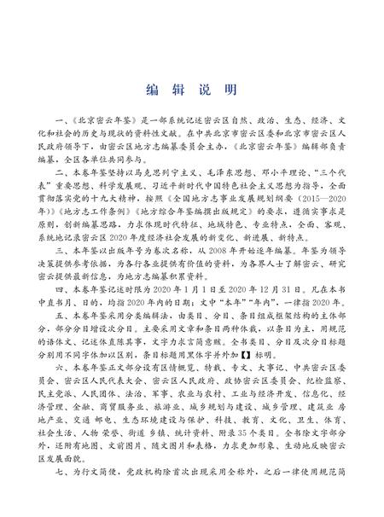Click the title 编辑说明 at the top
click(x=191, y=89)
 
